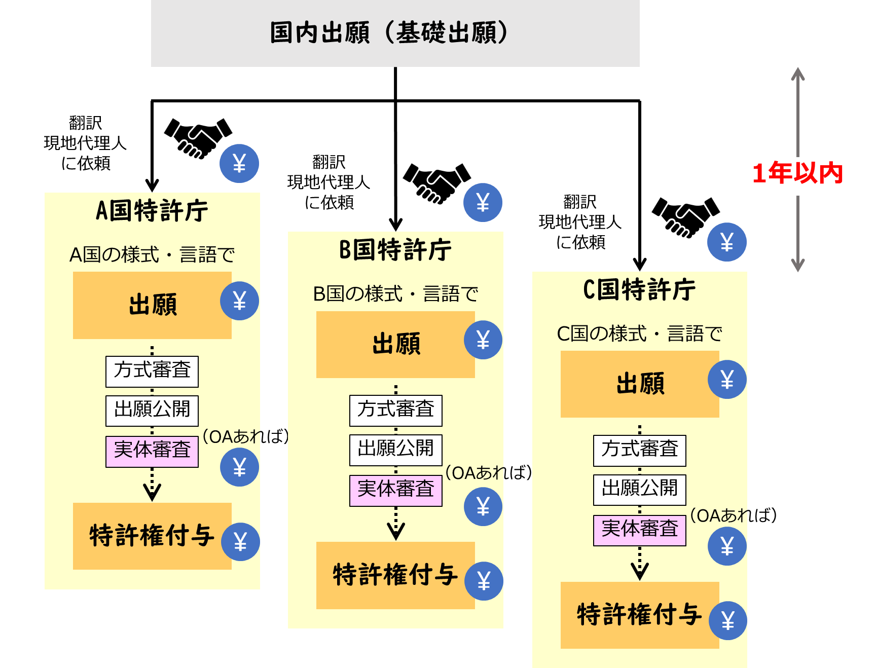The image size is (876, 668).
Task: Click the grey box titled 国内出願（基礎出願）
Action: pos(395,33)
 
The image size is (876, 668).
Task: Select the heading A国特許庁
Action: pos(152,211)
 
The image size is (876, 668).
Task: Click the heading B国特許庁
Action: pos(395,250)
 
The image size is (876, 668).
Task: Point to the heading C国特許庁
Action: pos(639,289)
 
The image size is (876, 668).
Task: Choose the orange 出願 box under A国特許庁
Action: pos(152,305)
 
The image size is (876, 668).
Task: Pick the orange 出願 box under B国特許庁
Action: pos(395,345)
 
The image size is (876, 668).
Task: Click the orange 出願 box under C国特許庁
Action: pos(639,384)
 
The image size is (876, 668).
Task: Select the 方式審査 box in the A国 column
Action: pos(152,371)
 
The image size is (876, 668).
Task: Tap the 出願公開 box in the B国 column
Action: pos(395,450)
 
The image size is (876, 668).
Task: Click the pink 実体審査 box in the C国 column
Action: pos(639,530)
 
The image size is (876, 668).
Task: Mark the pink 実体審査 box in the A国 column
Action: pos(152,451)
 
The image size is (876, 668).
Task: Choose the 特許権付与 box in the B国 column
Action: pos(395,575)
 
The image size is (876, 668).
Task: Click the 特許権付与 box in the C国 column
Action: pos(639,615)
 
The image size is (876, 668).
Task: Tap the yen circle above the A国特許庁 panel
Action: pos(239,164)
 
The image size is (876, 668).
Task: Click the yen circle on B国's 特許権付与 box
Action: pos(484,581)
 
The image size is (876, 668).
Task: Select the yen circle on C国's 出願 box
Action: pos(727,379)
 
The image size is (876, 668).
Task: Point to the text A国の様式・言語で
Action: pos(152,254)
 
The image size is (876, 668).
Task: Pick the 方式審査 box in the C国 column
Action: pos(639,450)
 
